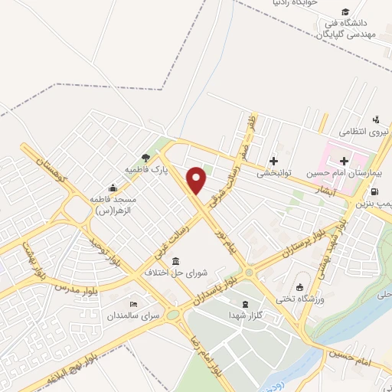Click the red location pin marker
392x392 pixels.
point(198,180)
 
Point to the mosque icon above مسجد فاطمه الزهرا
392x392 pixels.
point(113,188)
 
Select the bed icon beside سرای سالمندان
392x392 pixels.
point(133,304)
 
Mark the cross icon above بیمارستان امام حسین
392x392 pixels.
point(344,161)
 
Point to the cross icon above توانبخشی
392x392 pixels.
point(273,160)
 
